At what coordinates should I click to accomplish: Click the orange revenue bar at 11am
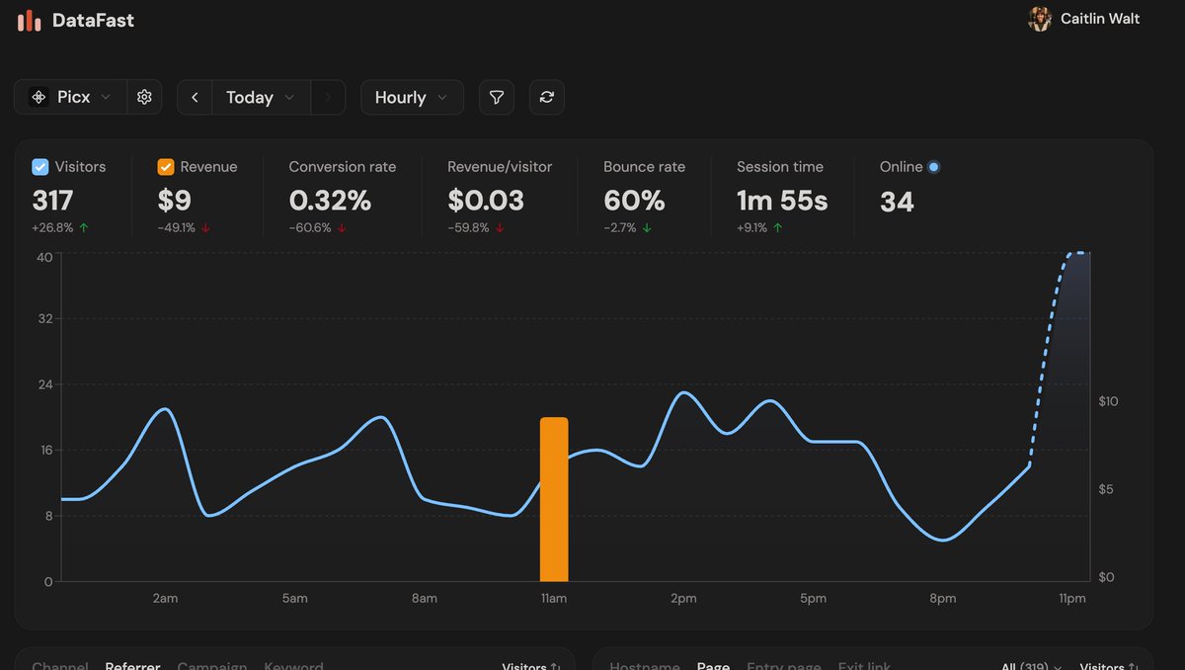click(x=554, y=499)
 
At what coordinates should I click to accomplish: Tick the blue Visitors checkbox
click(x=40, y=167)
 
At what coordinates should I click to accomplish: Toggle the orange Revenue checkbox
click(x=166, y=167)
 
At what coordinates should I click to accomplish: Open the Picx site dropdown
click(x=71, y=97)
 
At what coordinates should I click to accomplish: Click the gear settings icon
click(x=144, y=97)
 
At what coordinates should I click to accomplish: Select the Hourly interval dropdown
click(x=412, y=97)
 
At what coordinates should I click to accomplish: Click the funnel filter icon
click(x=497, y=97)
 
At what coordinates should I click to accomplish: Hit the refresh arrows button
click(x=547, y=97)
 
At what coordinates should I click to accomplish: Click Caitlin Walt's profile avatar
click(x=1039, y=19)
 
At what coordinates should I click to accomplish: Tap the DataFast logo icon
click(x=29, y=20)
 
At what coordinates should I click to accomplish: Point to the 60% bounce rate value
click(x=634, y=201)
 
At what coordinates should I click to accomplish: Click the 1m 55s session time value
click(x=782, y=201)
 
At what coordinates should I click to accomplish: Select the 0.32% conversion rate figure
click(x=330, y=201)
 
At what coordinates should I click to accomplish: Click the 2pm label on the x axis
click(x=683, y=599)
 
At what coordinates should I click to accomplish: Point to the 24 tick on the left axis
click(x=44, y=384)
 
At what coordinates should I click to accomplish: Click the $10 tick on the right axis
click(x=1108, y=401)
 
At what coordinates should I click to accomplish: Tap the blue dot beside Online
click(x=934, y=167)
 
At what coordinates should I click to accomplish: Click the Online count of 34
click(x=897, y=202)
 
